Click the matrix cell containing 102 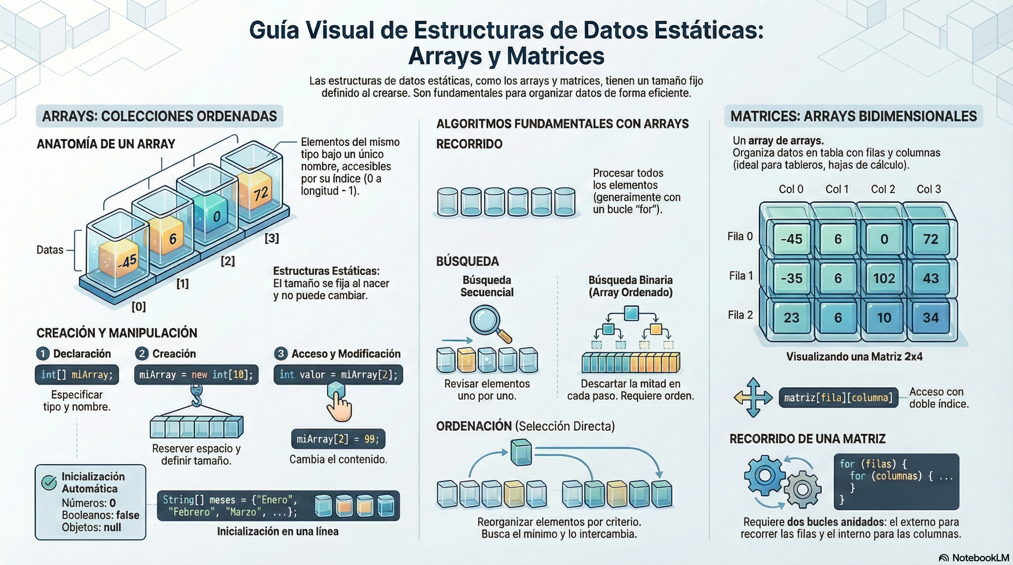pyautogui.click(x=884, y=278)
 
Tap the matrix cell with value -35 pyautogui.click(x=791, y=278)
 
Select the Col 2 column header pyautogui.click(x=883, y=189)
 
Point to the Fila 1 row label pyautogui.click(x=741, y=276)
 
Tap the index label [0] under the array pyautogui.click(x=139, y=306)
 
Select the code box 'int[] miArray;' pyautogui.click(x=77, y=374)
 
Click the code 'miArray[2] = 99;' pyautogui.click(x=338, y=439)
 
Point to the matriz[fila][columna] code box pyautogui.click(x=838, y=398)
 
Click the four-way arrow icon pyautogui.click(x=753, y=397)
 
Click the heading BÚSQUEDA pyautogui.click(x=467, y=261)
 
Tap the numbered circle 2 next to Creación pyautogui.click(x=142, y=353)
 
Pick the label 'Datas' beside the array pyautogui.click(x=50, y=250)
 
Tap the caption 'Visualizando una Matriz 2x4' pyautogui.click(x=854, y=356)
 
